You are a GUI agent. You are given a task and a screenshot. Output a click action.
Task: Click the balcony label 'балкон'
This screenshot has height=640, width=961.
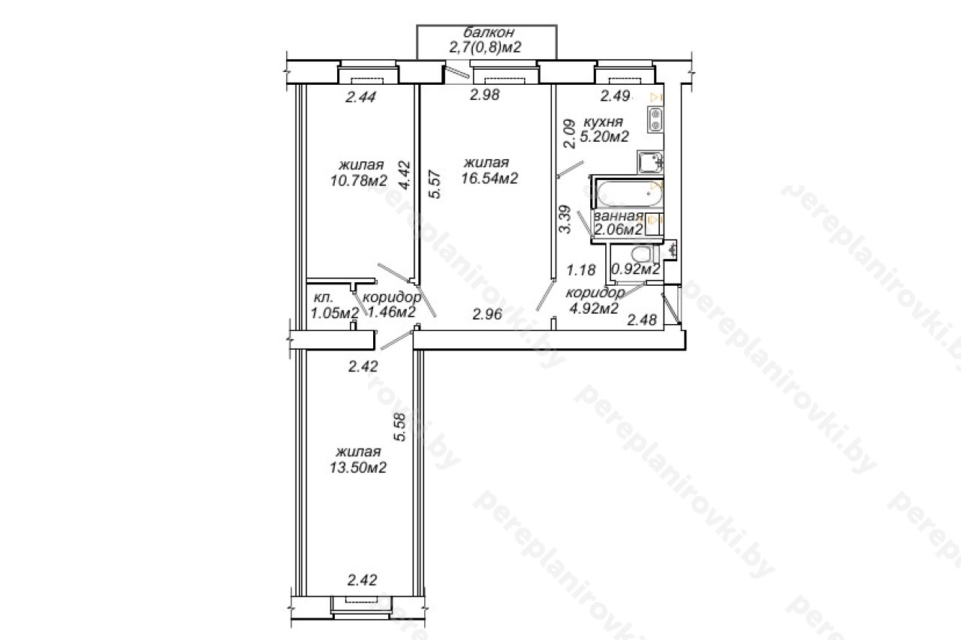coord(489,32)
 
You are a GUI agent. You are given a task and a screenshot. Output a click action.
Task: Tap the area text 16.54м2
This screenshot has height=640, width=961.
coord(490,178)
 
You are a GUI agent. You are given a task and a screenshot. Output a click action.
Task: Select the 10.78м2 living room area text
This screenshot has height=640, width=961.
coord(359,181)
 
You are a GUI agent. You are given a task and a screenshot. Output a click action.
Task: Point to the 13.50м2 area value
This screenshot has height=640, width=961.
coord(358,467)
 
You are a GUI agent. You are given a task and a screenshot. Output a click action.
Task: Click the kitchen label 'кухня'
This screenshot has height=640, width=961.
coord(603,122)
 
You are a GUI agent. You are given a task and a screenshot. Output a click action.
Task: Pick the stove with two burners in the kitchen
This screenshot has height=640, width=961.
coord(655,120)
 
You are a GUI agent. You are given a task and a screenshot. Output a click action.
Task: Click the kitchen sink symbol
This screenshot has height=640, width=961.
coord(650,161)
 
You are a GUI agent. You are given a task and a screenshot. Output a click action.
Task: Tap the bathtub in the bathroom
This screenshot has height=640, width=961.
coord(630,194)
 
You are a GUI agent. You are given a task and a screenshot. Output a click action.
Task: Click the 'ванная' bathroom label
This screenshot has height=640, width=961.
coord(619,215)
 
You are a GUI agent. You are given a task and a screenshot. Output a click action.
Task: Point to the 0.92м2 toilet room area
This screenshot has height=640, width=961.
coord(635,269)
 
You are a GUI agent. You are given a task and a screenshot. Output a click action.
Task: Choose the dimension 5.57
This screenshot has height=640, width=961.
coord(435,185)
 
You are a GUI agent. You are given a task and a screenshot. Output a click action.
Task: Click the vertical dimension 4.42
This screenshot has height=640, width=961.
coord(404,175)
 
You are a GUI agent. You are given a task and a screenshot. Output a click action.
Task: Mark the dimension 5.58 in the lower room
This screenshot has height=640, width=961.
coord(399,427)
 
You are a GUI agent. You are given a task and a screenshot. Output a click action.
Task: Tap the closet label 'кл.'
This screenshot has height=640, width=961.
coord(324,298)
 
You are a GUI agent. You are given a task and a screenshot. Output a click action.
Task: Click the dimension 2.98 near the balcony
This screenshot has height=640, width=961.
coord(485,95)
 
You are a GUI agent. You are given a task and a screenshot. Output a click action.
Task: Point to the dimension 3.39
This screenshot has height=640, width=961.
coord(566,219)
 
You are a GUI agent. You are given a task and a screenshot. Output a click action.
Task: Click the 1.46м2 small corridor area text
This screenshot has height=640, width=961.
coord(392,311)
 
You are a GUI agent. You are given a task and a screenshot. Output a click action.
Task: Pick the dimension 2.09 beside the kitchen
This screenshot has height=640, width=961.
coord(569,134)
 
